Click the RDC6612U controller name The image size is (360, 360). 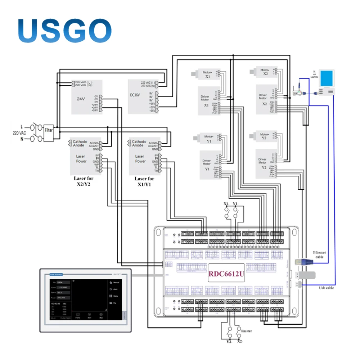pos(226,275)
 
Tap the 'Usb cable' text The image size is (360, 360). pos(326,288)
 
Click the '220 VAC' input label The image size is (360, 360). pos(20,133)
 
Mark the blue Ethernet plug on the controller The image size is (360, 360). pos(301,262)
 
